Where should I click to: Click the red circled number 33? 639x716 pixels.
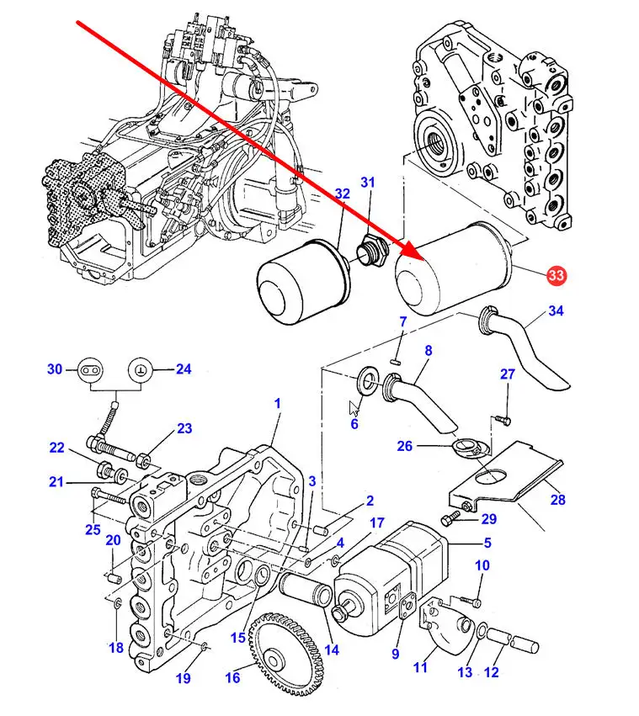556,275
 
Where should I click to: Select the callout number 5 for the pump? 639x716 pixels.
487,543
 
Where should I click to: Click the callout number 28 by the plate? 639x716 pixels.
558,500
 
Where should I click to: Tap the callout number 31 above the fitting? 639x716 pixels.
367,183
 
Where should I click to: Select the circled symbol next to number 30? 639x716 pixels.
90,369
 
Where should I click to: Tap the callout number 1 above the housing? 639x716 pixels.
277,404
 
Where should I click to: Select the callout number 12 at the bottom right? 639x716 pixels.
492,672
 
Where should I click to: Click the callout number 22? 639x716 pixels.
57,448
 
